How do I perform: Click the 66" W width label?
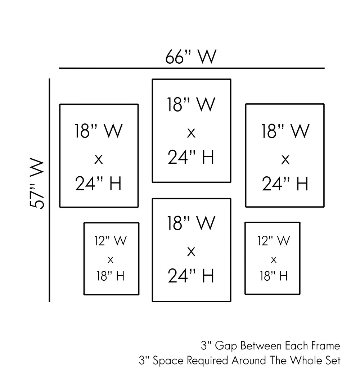(x=191, y=57)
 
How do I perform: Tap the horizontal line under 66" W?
(x=192, y=68)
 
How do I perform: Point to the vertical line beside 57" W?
(x=49, y=190)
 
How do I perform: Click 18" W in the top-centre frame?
(x=191, y=105)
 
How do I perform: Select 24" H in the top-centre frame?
(x=191, y=157)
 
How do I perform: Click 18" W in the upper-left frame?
(x=99, y=131)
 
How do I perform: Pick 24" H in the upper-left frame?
(x=99, y=183)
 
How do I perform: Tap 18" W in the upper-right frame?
(x=285, y=131)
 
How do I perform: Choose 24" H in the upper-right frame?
(x=285, y=183)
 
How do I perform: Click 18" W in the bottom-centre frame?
(x=191, y=223)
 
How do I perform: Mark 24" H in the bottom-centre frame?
(x=191, y=276)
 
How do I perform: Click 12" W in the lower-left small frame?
(x=111, y=241)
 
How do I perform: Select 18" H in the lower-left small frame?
(x=111, y=276)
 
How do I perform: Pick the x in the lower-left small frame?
(x=111, y=259)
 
